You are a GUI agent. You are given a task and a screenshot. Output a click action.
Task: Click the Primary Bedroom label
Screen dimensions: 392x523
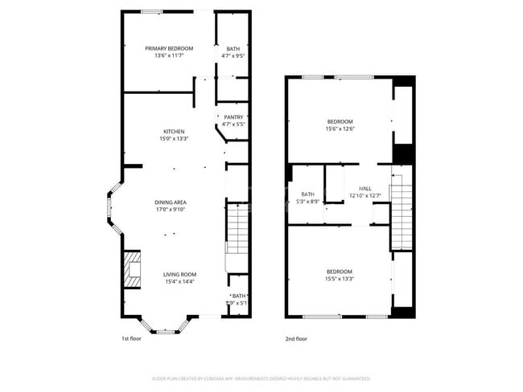point(169,49)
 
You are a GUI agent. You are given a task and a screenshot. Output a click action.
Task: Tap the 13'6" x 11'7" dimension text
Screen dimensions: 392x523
point(169,56)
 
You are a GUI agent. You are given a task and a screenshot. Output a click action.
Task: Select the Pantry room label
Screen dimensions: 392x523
point(233,117)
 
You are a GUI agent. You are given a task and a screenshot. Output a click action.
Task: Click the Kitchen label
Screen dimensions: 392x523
point(175,132)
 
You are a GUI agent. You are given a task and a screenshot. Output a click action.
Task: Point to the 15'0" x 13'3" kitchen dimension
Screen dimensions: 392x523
point(175,139)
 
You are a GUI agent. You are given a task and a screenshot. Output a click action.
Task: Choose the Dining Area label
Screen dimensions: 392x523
point(171,202)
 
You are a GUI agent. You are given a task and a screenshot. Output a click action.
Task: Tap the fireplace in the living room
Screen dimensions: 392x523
point(132,269)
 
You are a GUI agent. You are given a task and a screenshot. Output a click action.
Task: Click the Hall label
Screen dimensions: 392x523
point(365,187)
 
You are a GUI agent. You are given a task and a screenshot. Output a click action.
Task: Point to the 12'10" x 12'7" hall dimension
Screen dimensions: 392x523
point(365,195)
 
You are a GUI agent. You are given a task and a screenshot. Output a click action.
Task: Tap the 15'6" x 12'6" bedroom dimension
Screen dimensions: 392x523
point(340,129)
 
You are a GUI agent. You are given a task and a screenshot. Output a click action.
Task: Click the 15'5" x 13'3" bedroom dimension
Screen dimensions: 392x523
point(340,278)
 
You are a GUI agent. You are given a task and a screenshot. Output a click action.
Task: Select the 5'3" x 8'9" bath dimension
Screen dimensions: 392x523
point(308,202)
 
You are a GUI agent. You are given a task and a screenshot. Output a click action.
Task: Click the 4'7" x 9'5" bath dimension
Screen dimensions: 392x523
point(233,56)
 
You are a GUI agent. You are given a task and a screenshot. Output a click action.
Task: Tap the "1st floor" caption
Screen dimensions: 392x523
point(132,338)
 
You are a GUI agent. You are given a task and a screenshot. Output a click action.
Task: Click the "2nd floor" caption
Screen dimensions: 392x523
point(296,338)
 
